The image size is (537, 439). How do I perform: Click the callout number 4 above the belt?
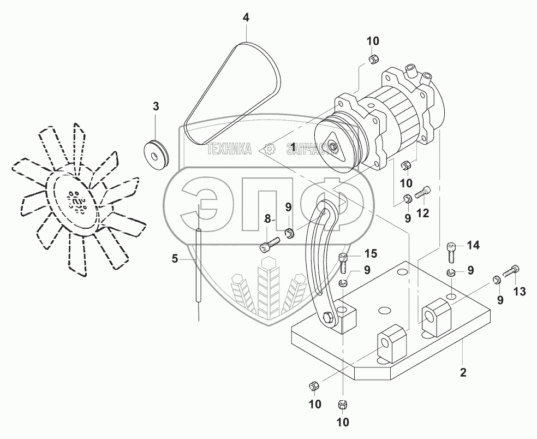tap(246, 18)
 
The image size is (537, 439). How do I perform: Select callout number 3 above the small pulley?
tap(156, 106)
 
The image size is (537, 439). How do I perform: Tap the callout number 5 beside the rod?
tap(175, 259)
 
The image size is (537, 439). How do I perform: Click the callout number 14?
tap(473, 245)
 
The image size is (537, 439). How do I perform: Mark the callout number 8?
tap(268, 220)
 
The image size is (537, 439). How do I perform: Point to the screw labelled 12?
tap(423, 193)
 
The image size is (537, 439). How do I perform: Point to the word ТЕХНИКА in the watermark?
tap(229, 149)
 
